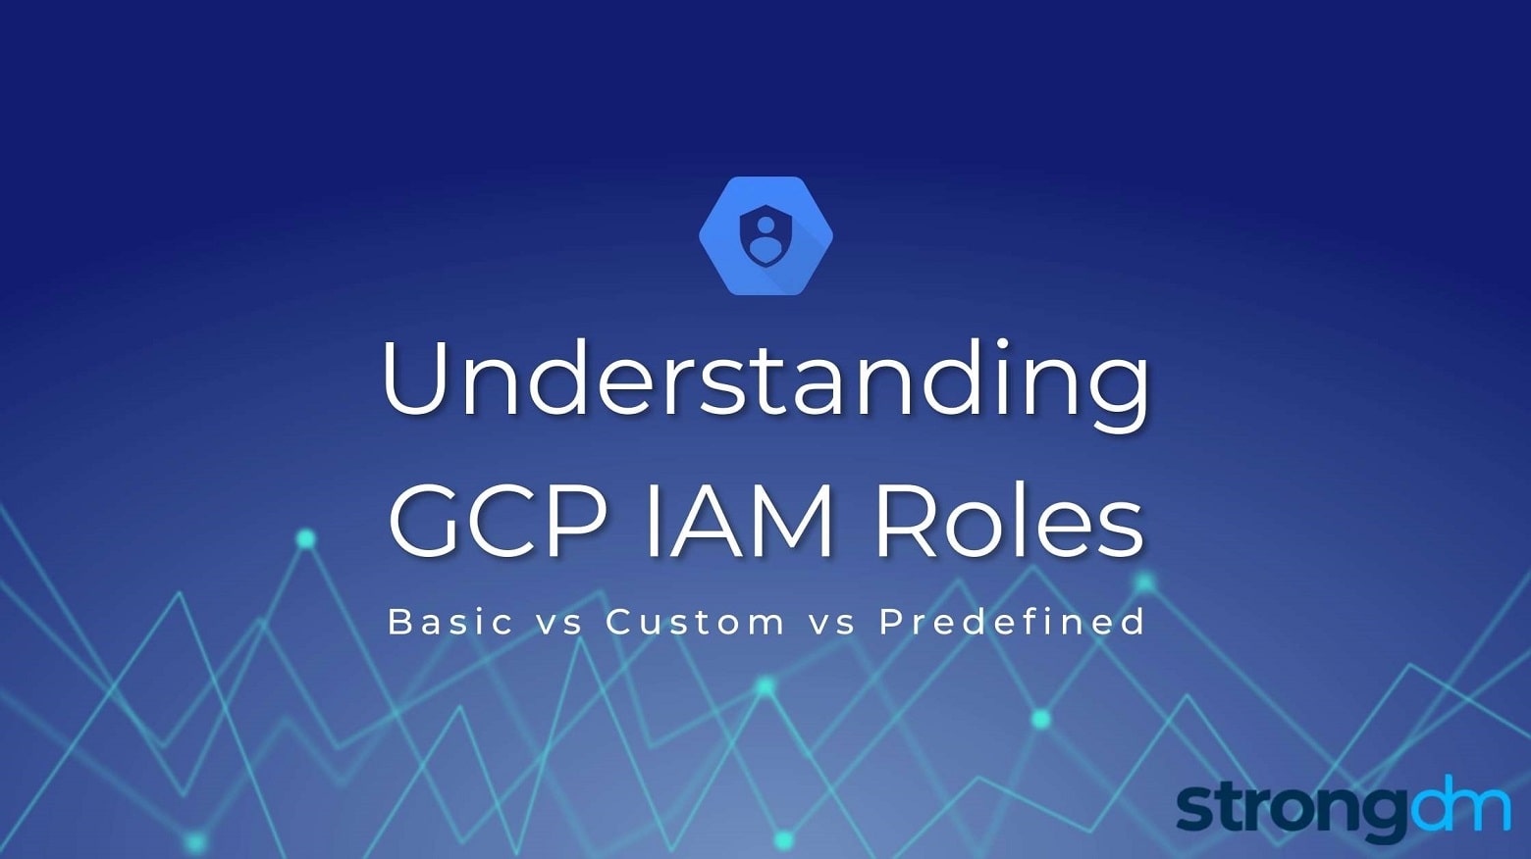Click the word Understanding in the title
pos(765,380)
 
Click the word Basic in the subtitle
pos(450,622)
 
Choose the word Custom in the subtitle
pos(695,622)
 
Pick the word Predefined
pos(1012,622)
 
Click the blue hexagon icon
pos(765,236)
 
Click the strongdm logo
pos(1343,810)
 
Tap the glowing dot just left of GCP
pos(306,538)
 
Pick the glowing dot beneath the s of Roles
pos(1144,583)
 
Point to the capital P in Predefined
pos(889,622)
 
